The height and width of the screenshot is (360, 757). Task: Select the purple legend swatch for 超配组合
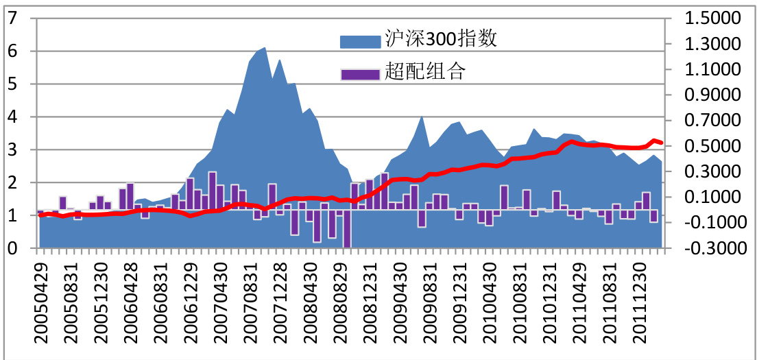(x=360, y=73)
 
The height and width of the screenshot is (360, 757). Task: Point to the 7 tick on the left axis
(x=12, y=19)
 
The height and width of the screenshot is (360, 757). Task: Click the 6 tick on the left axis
(x=12, y=51)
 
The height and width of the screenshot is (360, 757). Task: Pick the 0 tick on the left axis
(x=12, y=248)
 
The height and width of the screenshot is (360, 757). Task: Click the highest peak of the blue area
(x=265, y=48)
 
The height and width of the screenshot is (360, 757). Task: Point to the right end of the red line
(x=661, y=143)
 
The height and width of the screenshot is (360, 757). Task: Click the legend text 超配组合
(x=424, y=71)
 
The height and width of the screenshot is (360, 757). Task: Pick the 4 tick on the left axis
(x=12, y=117)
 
